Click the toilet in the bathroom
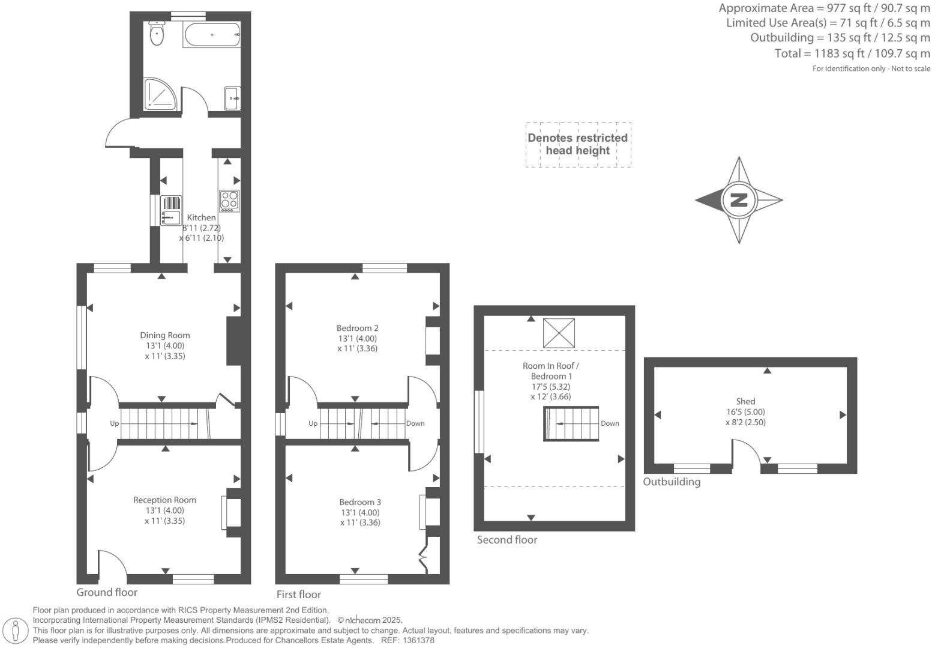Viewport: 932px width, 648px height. pyautogui.click(x=157, y=34)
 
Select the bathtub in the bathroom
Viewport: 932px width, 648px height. pyautogui.click(x=212, y=35)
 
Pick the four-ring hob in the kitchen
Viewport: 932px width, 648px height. pyautogui.click(x=229, y=201)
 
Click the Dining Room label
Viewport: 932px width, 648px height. pyautogui.click(x=165, y=335)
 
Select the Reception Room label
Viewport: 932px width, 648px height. pyautogui.click(x=164, y=500)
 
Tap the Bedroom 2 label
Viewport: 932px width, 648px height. pyautogui.click(x=357, y=328)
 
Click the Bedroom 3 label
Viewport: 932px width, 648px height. pyautogui.click(x=360, y=502)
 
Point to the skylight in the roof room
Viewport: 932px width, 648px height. pyautogui.click(x=559, y=333)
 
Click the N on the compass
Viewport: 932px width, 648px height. pyautogui.click(x=739, y=200)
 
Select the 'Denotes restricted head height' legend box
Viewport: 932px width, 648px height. pyautogui.click(x=578, y=144)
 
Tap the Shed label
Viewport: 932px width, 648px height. pyautogui.click(x=745, y=401)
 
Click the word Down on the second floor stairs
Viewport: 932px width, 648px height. pyautogui.click(x=610, y=423)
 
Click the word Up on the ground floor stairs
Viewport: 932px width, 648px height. pyautogui.click(x=115, y=423)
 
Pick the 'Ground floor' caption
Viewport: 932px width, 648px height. pyautogui.click(x=107, y=592)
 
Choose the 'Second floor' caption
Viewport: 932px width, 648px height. pyautogui.click(x=507, y=540)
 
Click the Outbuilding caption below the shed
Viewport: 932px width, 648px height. pyautogui.click(x=672, y=482)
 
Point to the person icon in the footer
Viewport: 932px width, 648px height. pyautogui.click(x=16, y=630)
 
